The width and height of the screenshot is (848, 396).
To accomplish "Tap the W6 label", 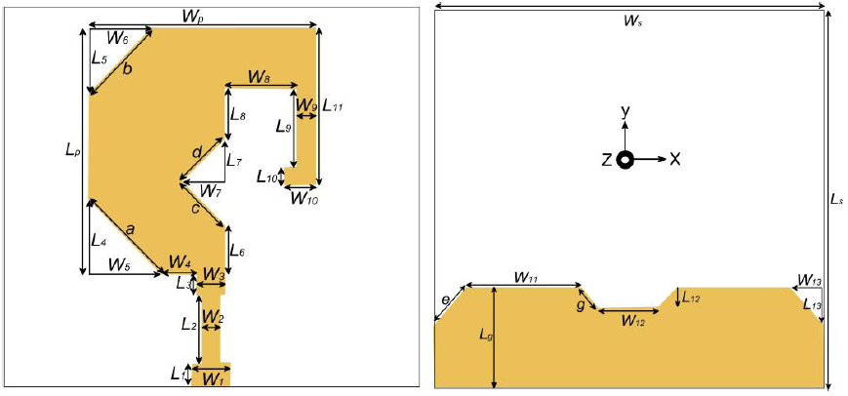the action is [x=117, y=38].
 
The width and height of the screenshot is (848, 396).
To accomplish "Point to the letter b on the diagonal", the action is [x=127, y=69].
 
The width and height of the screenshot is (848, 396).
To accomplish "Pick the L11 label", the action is [x=333, y=109].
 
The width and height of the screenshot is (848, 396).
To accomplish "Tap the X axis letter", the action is [x=674, y=158].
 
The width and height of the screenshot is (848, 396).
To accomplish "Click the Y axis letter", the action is [x=625, y=113].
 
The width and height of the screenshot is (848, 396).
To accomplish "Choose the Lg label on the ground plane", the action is [x=486, y=335].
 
